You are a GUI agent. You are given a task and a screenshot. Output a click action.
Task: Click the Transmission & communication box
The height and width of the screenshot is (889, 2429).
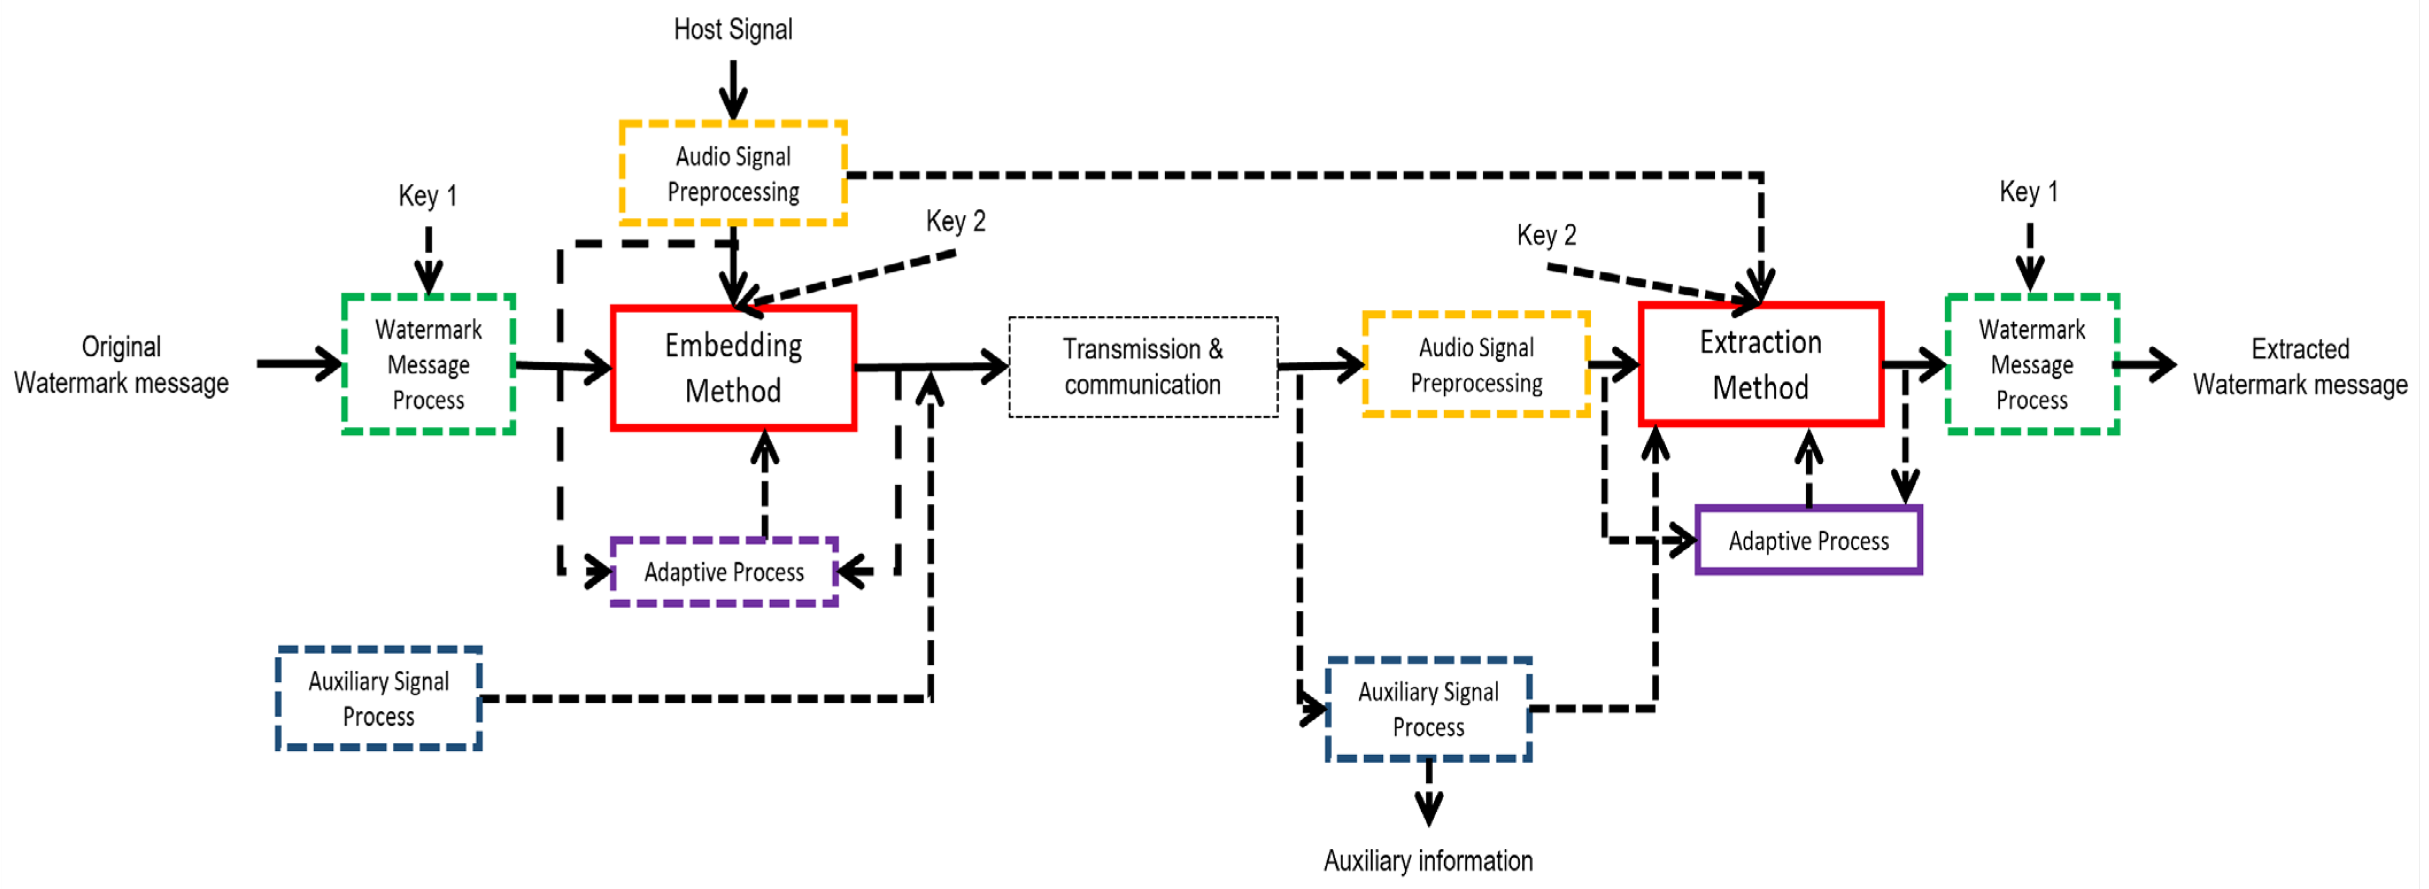1143,367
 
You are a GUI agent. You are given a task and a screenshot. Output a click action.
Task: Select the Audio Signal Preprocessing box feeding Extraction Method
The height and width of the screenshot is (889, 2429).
1476,365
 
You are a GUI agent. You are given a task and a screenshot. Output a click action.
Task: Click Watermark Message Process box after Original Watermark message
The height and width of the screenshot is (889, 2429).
428,365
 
